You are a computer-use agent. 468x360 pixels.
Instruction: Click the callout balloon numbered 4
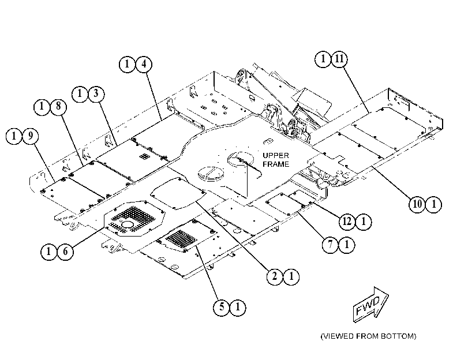[x=144, y=64]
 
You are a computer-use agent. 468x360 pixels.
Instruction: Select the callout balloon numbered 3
[x=96, y=93]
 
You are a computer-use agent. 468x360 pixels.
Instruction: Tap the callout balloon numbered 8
[x=58, y=106]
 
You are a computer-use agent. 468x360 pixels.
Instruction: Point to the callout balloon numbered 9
[x=31, y=136]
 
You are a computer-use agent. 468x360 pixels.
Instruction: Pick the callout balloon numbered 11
[x=339, y=59]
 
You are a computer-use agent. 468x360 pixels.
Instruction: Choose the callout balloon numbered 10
[x=417, y=204]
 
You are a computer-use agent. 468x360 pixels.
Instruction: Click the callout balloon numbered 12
[x=347, y=222]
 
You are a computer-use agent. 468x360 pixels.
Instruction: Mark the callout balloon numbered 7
[x=330, y=245]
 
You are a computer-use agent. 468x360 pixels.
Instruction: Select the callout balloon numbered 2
[x=275, y=276]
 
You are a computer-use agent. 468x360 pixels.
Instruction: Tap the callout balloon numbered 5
[x=222, y=307]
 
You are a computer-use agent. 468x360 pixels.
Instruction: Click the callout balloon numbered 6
[x=65, y=252]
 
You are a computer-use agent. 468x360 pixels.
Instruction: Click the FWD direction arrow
[x=370, y=305]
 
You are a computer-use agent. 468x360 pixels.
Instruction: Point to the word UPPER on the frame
[x=276, y=156]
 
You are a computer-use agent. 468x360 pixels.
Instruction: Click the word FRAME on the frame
[x=276, y=164]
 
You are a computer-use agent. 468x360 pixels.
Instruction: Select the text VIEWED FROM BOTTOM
[x=368, y=336]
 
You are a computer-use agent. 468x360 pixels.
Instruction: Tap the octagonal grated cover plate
[x=134, y=219]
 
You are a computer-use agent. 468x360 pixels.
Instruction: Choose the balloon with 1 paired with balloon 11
[x=323, y=59]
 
